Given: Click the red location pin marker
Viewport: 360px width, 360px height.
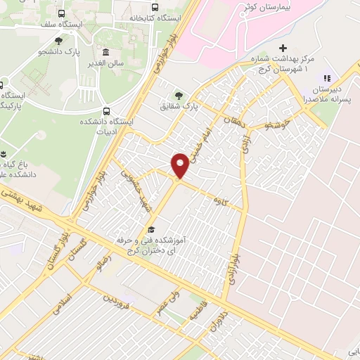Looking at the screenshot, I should (181, 165).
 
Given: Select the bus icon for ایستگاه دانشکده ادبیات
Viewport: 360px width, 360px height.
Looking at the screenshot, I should (106, 110).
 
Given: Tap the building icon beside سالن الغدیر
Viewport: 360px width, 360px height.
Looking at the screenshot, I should (105, 53).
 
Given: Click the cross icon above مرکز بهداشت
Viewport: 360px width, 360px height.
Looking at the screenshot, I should (283, 49).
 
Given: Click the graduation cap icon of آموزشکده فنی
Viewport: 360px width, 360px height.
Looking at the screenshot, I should (150, 230).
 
